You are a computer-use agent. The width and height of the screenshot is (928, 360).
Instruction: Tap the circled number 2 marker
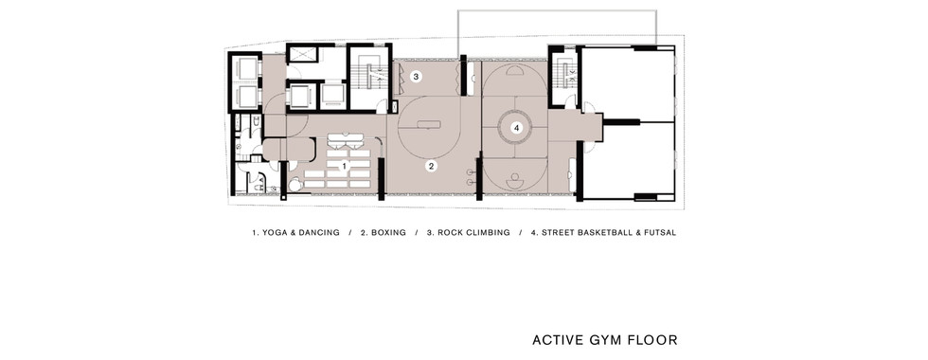click(x=432, y=167)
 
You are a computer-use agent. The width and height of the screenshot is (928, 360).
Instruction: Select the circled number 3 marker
click(x=416, y=77)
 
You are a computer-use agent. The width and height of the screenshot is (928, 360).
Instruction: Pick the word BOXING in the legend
click(x=388, y=233)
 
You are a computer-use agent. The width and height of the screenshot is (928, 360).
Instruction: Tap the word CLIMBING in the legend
click(x=489, y=233)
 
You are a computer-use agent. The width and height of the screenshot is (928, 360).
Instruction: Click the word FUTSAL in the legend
click(x=659, y=233)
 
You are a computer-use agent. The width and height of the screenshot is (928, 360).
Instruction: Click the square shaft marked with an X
click(x=303, y=54)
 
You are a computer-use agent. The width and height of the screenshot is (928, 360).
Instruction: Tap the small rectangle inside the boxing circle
click(x=428, y=124)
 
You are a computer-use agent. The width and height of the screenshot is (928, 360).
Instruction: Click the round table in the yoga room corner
click(x=295, y=186)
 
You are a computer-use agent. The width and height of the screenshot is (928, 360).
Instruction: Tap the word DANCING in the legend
click(x=320, y=233)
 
